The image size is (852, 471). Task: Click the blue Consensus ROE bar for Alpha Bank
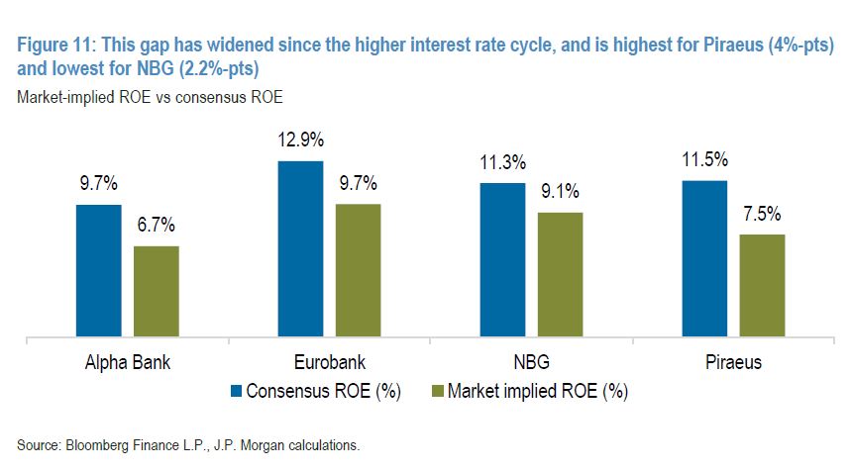[x=98, y=272]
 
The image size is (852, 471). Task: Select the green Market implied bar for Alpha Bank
[x=157, y=293]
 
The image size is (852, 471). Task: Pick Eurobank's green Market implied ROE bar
[x=358, y=272]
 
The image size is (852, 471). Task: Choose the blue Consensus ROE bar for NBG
[x=502, y=261]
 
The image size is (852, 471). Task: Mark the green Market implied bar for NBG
[x=560, y=276]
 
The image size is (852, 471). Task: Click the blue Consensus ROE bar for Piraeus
[x=704, y=260]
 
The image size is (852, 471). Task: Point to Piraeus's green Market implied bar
[x=762, y=287]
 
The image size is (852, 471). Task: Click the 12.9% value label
[x=300, y=140]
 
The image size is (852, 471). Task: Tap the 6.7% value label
[x=157, y=225]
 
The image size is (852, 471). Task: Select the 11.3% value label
[x=502, y=162]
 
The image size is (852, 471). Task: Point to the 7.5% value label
[x=762, y=214]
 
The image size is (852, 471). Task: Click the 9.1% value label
[x=560, y=192]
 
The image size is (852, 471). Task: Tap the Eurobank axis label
[x=329, y=362]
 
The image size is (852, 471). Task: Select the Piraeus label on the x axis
[x=735, y=362]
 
